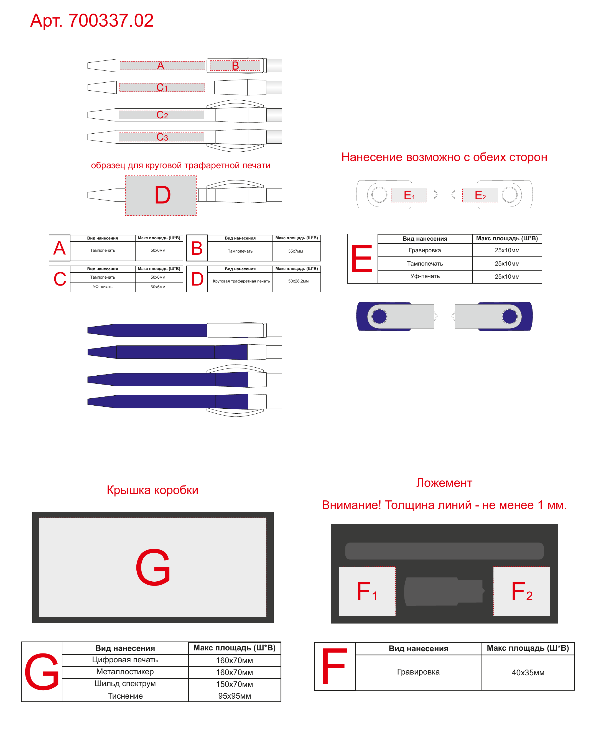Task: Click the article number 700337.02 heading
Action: [92, 21]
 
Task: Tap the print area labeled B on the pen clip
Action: [235, 65]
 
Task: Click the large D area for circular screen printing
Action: [161, 195]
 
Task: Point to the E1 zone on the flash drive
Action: [409, 195]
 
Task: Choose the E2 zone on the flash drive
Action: [480, 195]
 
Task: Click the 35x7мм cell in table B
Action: [296, 251]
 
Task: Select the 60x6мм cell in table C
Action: [158, 287]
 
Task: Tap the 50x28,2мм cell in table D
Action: [298, 281]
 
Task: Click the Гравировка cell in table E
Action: [425, 250]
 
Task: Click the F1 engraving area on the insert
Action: [367, 591]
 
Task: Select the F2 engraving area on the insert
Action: [522, 591]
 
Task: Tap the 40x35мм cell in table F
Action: [528, 673]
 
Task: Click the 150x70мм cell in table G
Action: [235, 684]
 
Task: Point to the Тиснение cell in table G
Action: [125, 696]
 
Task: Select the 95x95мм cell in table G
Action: [235, 696]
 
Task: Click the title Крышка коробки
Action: [152, 490]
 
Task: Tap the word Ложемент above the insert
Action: [444, 483]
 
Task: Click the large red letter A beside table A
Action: [59, 248]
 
